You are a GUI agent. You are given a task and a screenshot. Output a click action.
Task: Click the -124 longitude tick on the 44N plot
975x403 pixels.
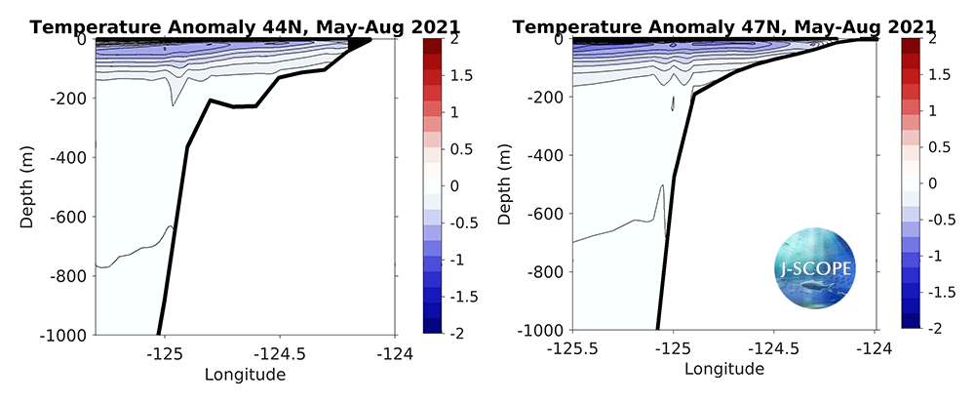395,352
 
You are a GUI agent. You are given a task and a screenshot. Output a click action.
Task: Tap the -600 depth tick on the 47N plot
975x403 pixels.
548,214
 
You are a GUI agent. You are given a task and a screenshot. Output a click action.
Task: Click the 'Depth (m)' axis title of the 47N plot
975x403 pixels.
505,184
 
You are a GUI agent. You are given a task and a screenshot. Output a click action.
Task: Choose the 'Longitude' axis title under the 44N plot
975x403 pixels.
245,374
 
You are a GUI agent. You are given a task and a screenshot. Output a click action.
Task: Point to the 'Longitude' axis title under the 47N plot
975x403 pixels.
724,370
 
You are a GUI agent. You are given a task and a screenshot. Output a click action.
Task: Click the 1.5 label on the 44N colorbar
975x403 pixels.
454,76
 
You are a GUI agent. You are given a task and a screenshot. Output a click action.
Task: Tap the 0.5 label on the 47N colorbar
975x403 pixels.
935,147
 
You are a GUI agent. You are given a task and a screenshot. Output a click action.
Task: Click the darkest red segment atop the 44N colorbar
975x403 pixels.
431,47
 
